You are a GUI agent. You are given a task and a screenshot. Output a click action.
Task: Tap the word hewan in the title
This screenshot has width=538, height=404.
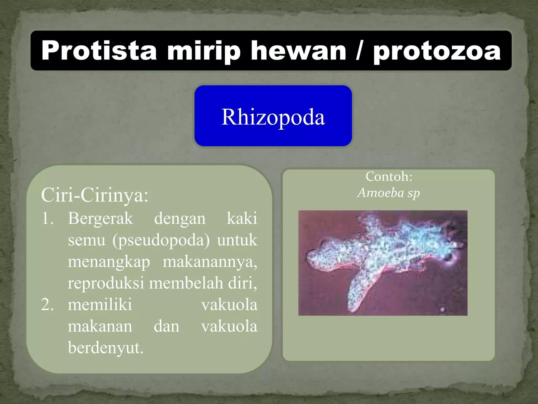(298, 50)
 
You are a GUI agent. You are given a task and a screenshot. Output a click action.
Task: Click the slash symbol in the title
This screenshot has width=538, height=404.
(360, 50)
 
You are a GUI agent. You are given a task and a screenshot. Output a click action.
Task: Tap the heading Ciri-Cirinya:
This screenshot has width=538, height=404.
(95, 195)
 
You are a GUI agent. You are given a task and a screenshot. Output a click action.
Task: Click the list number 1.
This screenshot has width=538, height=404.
(48, 218)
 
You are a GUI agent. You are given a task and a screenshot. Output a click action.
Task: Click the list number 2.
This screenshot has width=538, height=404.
(48, 305)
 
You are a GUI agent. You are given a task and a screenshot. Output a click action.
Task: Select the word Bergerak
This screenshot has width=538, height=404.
(100, 218)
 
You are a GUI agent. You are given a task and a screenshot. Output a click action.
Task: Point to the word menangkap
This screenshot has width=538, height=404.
(109, 262)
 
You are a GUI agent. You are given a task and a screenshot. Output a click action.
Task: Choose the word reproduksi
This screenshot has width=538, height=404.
(106, 284)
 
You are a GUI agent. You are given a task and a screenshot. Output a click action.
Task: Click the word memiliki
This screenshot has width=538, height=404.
(100, 305)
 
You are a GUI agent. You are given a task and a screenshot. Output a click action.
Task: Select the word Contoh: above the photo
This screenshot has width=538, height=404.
(389, 176)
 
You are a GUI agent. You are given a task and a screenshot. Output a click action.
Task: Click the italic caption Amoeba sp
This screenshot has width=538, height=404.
(389, 193)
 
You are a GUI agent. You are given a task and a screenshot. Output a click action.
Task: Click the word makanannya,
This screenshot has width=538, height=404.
(210, 262)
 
